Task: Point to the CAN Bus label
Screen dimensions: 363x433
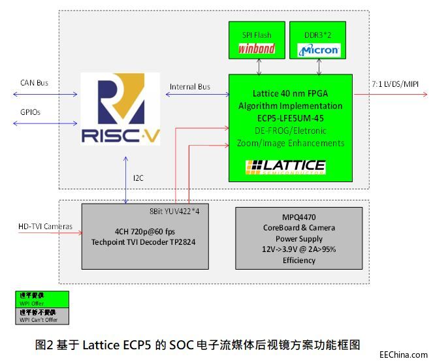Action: (34, 83)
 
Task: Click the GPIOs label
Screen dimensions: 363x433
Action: (30, 112)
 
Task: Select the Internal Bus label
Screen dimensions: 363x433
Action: (189, 87)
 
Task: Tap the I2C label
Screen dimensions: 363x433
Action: (137, 178)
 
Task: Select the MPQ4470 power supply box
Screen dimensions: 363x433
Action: (298, 239)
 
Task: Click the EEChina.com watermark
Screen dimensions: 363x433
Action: (403, 355)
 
